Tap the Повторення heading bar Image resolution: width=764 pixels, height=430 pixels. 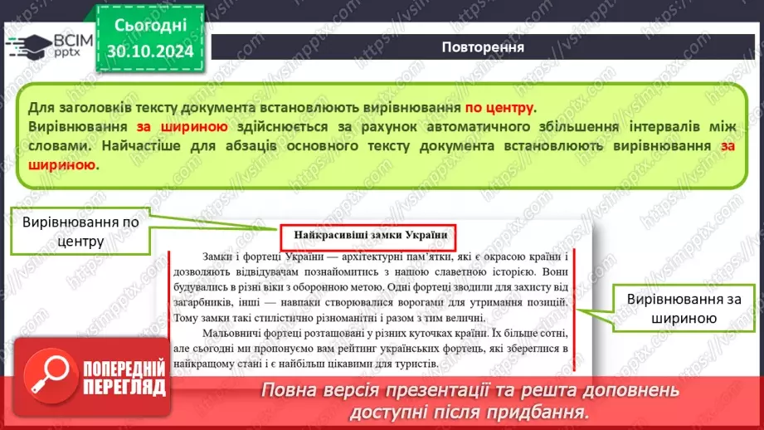pos(482,46)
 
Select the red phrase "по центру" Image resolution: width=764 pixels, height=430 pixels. pos(499,108)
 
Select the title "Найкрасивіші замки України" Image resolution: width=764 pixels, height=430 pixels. pos(369,236)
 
